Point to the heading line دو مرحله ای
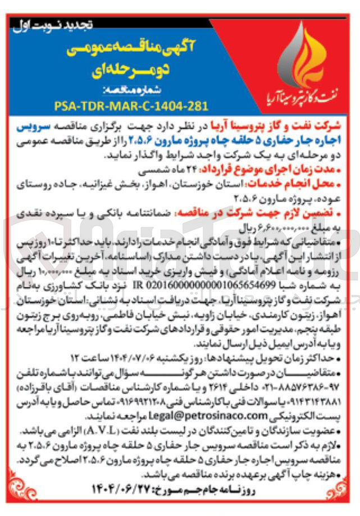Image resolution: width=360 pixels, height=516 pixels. tap(130, 71)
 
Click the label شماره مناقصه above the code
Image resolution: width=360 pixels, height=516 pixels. tap(130, 90)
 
